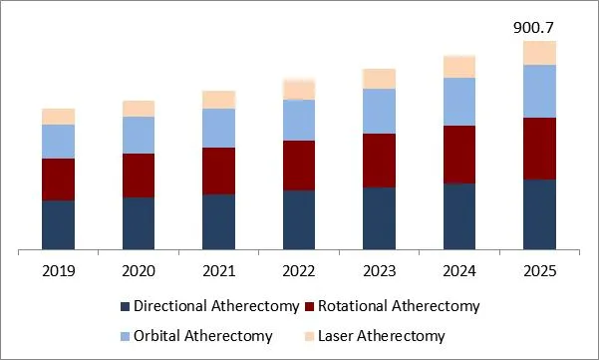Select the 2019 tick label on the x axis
coord(58,270)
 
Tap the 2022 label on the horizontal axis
coord(298,270)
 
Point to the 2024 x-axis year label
coord(458,270)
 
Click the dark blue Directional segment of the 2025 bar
coord(539,213)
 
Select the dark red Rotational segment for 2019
coord(58,180)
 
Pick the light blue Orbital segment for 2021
coord(218,128)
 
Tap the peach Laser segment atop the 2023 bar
coord(379,79)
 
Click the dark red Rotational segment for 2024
coord(458,155)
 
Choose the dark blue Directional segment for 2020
coord(139,222)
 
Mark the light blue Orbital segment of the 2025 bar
coord(539,91)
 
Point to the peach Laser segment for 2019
coord(58,116)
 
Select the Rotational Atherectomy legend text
coord(398,306)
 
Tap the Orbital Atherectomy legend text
coord(202,336)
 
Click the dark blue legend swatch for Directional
coord(126,306)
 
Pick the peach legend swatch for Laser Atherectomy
coord(311,336)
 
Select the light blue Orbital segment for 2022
coord(298,120)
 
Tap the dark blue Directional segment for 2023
coord(379,217)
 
